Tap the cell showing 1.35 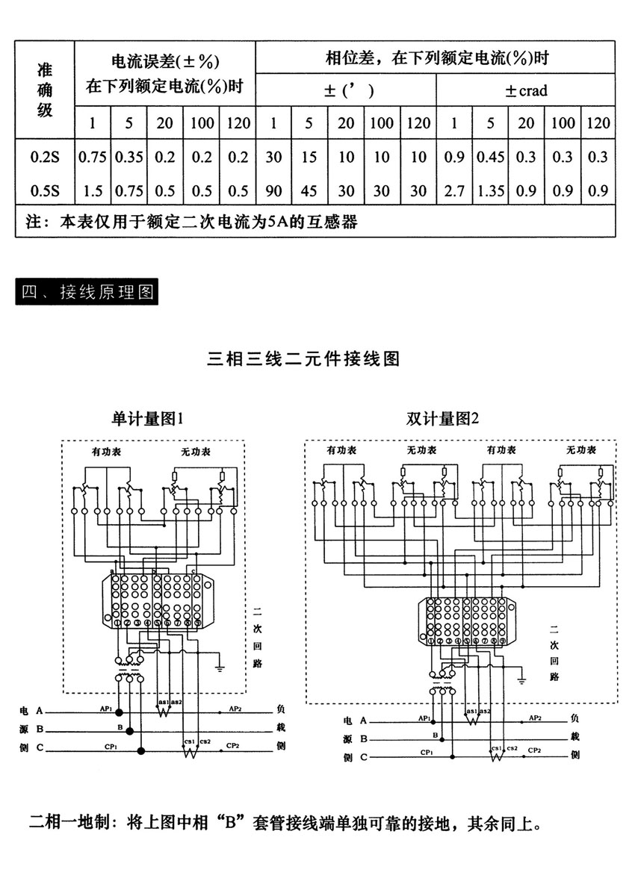coord(490,191)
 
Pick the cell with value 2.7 coord(453,191)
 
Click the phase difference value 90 coord(274,191)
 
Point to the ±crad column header coord(526,91)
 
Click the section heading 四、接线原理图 coord(87,291)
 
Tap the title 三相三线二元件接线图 coord(303,359)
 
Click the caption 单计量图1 coord(147,419)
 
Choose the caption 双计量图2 coord(443,419)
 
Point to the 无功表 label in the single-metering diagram coord(195,452)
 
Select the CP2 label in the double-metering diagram coord(536,749)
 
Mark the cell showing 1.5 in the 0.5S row coord(93,191)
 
